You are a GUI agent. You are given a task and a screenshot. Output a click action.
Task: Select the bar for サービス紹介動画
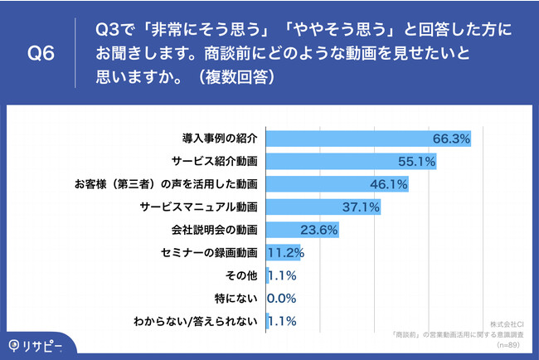[351, 160]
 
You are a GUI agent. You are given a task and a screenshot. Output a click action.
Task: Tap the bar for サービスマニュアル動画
[323, 206]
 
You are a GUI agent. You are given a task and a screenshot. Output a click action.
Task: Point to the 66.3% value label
[451, 138]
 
